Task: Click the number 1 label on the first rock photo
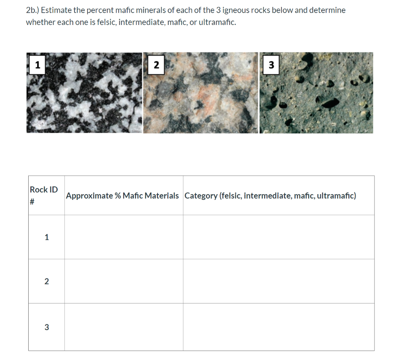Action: coord(37,65)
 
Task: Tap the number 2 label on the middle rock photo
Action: coord(156,65)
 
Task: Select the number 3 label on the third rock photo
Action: coord(271,65)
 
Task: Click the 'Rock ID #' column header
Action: coord(44,195)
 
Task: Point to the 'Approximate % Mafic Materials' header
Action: coord(122,196)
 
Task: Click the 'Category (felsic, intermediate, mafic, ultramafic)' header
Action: coord(270,196)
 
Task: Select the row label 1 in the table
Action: coord(46,237)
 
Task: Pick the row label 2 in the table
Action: coord(46,281)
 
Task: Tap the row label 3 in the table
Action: coord(46,327)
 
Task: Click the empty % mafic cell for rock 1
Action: coord(124,237)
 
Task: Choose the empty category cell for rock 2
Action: coord(278,281)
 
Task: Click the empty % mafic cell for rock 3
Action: coord(124,327)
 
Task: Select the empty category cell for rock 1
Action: coord(278,237)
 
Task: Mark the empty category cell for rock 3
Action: coord(278,327)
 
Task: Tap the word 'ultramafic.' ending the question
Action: coord(216,22)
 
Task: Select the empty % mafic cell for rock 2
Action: coord(124,281)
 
